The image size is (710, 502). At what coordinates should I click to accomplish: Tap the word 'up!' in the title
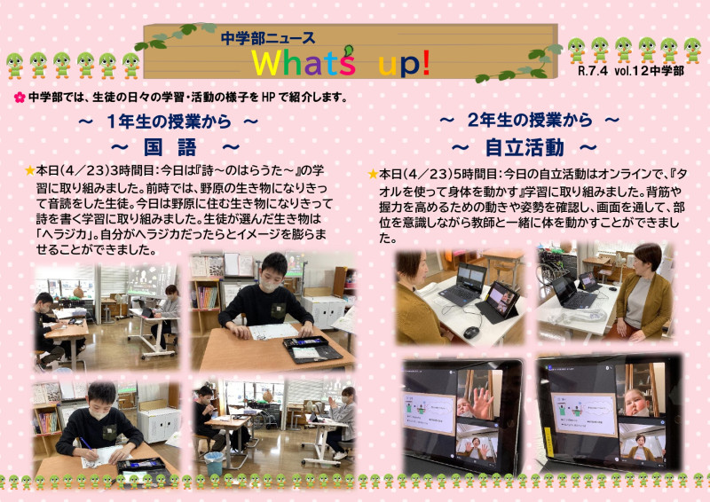(404, 63)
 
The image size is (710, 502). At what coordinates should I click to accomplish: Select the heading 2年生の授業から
(529, 120)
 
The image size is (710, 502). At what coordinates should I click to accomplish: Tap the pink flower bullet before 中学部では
(19, 97)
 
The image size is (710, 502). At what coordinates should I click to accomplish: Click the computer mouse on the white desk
(470, 332)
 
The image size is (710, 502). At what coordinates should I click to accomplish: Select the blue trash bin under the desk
(214, 463)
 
